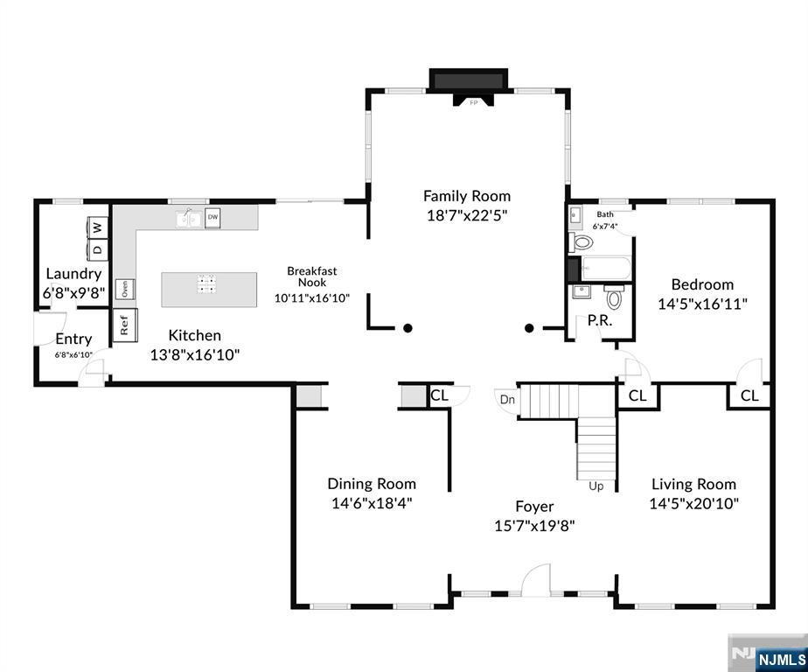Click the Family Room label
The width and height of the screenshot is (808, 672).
pos(467,196)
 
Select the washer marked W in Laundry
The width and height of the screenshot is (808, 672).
pos(98,227)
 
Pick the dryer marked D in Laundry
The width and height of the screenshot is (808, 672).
pos(98,249)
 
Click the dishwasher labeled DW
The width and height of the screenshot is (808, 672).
pos(212,218)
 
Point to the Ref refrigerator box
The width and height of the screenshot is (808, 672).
pos(125,325)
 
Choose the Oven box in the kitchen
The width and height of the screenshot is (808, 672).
pos(125,290)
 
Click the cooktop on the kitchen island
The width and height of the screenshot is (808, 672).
pos(206,283)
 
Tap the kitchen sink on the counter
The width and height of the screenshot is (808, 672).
pos(189,219)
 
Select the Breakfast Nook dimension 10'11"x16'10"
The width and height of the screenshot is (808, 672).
pos(312,298)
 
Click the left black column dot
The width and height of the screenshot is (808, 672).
pos(407,328)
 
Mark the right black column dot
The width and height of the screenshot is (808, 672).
pos(529,328)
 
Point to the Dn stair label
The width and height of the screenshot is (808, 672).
pos(507,400)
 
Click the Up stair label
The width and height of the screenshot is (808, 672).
pos(596,486)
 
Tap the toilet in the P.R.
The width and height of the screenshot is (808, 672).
pos(614,296)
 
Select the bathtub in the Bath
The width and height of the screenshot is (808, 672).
pos(605,269)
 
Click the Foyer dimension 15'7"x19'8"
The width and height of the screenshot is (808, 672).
pos(534,526)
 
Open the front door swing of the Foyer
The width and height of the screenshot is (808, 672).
pos(536,581)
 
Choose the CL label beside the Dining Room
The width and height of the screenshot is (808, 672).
pos(440,395)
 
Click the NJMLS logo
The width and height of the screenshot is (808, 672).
pos(781,660)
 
